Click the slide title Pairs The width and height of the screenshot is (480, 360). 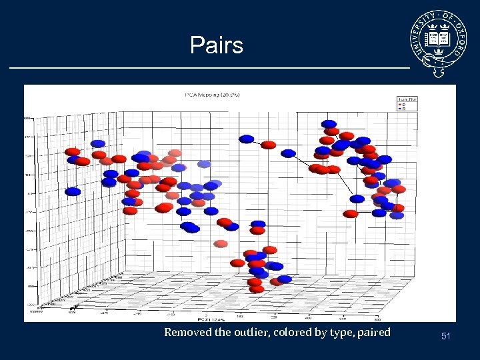coord(217,45)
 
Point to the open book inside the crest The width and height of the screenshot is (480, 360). coord(439,38)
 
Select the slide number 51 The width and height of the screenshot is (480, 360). coord(445,337)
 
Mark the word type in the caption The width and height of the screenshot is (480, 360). coord(339,332)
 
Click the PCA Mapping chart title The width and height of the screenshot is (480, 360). coord(212,95)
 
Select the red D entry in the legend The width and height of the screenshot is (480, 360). coord(403,105)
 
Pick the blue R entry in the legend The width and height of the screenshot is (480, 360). coord(403,109)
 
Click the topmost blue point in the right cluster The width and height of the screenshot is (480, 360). coord(329,124)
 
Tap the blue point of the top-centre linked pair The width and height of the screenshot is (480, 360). coord(247,139)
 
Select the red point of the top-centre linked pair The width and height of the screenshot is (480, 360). coord(269,145)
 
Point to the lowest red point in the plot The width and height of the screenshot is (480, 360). coord(257,289)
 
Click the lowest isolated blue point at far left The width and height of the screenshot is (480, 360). coord(73,191)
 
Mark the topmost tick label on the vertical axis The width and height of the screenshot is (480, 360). coord(28,117)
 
